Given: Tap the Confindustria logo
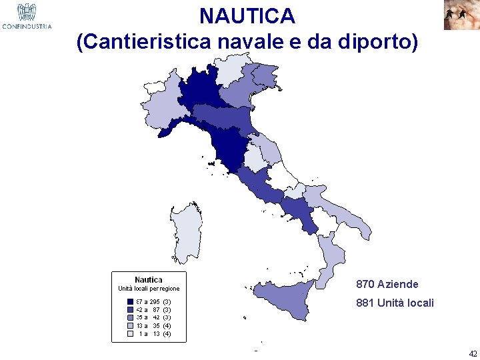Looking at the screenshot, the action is [x=27, y=16].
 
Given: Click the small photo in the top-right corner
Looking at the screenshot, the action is [x=461, y=15].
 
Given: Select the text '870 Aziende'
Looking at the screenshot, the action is [x=387, y=284].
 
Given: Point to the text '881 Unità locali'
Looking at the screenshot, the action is [x=395, y=303].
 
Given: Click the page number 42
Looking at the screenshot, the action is [x=473, y=353].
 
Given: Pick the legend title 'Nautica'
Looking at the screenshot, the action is [x=148, y=279].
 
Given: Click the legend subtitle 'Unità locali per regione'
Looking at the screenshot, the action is [x=149, y=289].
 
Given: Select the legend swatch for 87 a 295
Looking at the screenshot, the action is [x=131, y=302].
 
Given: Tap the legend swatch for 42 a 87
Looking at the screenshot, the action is [x=131, y=310].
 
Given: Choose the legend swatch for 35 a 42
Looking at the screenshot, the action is [x=131, y=318].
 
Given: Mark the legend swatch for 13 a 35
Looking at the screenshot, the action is [x=131, y=326].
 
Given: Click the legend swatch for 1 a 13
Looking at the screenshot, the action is [x=131, y=334].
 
